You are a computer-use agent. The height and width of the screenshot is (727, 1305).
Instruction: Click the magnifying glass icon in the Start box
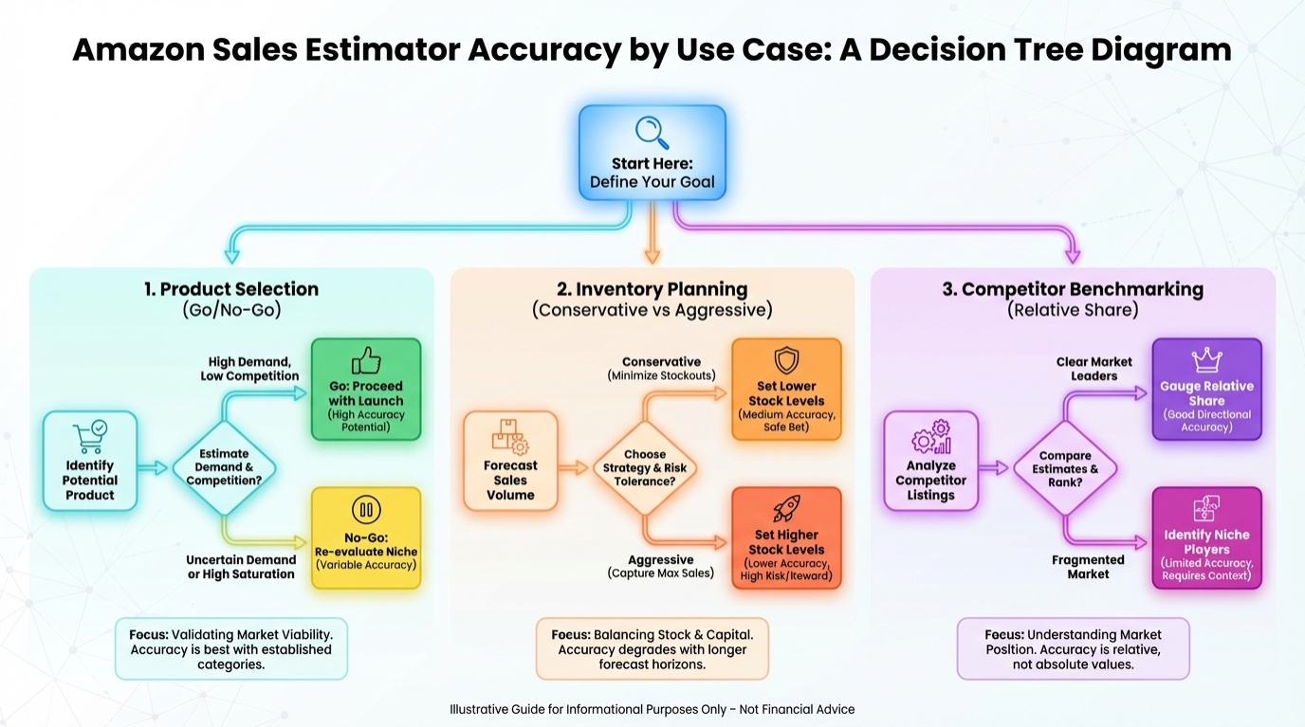coord(652,132)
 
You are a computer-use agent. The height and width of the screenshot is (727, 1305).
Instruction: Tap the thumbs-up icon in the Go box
coord(366,361)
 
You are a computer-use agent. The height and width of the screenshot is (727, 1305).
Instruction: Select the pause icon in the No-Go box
coord(366,511)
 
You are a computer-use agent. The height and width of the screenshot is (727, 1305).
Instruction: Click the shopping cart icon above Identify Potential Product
coord(90,437)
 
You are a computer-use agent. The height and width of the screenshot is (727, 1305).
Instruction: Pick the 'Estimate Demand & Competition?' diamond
coord(224,467)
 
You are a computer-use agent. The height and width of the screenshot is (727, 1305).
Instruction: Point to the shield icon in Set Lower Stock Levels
coord(786,361)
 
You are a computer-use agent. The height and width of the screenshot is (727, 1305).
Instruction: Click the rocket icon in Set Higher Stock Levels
coord(786,509)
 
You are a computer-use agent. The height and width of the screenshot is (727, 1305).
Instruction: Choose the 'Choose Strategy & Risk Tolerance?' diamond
coord(645,467)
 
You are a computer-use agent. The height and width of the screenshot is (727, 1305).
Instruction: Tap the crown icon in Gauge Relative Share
coord(1206,360)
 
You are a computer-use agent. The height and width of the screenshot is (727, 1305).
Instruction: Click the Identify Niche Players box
coord(1206,538)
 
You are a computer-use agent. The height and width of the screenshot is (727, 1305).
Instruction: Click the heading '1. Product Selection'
coord(231,289)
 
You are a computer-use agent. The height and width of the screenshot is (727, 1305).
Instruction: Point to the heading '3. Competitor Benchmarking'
coord(1073,289)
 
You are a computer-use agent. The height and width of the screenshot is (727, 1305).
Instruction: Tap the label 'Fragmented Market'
coord(1088,567)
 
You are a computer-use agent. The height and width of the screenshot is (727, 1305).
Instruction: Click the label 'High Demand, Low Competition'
coord(249,369)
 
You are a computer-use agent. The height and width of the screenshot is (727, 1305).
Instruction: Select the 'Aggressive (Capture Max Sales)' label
coord(661,566)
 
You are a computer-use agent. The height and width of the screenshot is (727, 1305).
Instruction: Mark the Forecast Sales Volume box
coord(510,461)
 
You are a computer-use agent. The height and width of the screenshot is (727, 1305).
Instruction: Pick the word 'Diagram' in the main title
coord(1160,48)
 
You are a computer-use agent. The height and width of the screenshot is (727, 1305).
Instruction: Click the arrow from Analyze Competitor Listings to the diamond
coord(994,467)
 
